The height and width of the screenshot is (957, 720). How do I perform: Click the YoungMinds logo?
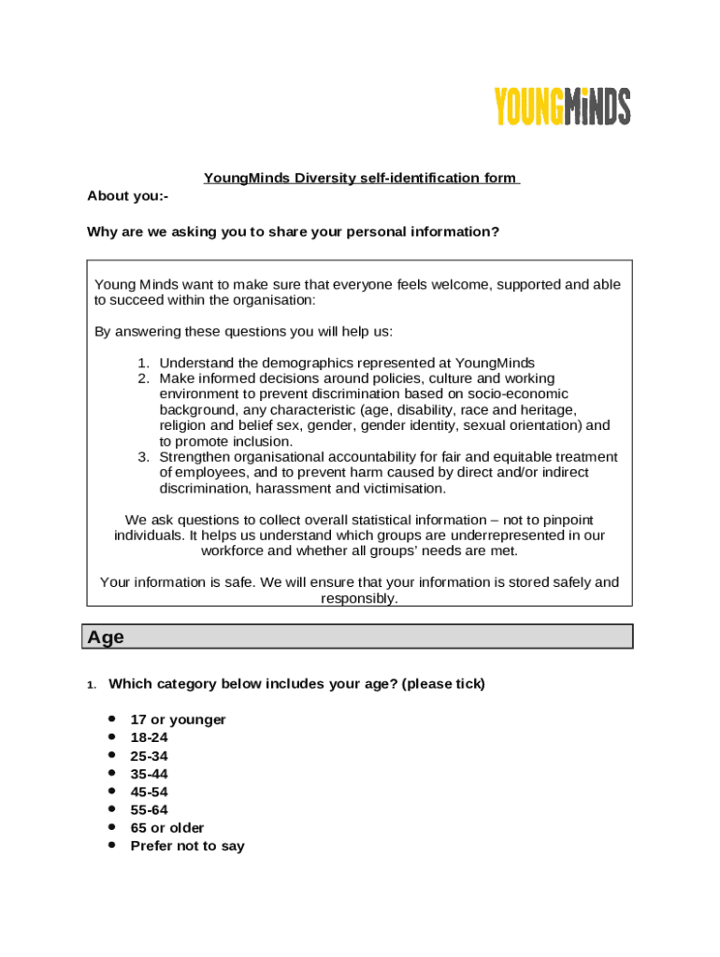pyautogui.click(x=562, y=107)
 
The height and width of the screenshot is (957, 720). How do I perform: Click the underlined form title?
pyautogui.click(x=361, y=178)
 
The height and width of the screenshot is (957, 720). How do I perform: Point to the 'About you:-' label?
pyautogui.click(x=127, y=195)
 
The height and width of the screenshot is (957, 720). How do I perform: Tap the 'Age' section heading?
pyautogui.click(x=106, y=637)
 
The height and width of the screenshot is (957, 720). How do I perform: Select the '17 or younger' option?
pyautogui.click(x=178, y=720)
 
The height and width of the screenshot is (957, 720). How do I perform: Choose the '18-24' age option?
pyautogui.click(x=150, y=737)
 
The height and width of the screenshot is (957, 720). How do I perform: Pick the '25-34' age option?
pyautogui.click(x=150, y=755)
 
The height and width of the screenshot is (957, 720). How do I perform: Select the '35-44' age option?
pyautogui.click(x=150, y=774)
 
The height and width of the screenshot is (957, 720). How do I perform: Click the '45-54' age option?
pyautogui.click(x=150, y=792)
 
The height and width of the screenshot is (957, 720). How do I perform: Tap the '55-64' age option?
pyautogui.click(x=150, y=809)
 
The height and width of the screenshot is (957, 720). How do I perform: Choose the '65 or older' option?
pyautogui.click(x=167, y=828)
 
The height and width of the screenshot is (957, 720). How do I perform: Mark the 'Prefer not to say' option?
pyautogui.click(x=187, y=846)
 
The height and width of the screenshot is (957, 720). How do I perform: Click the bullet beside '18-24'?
pyautogui.click(x=111, y=736)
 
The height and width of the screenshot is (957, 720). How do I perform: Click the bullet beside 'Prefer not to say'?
pyautogui.click(x=111, y=845)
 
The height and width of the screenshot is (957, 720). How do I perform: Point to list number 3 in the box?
pyautogui.click(x=143, y=457)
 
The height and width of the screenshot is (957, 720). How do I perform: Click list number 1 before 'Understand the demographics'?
pyautogui.click(x=143, y=363)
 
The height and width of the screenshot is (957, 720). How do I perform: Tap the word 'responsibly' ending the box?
pyautogui.click(x=358, y=598)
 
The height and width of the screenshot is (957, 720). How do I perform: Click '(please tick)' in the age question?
pyautogui.click(x=443, y=683)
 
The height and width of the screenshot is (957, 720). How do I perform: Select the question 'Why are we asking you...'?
pyautogui.click(x=293, y=232)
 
